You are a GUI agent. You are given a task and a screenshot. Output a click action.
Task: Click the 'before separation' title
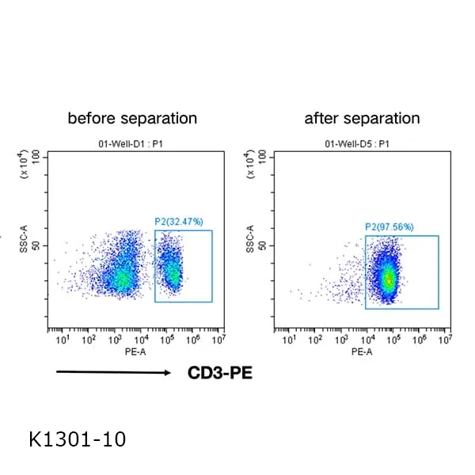pyautogui.click(x=132, y=119)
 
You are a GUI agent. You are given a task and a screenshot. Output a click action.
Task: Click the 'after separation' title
pyautogui.click(x=362, y=119)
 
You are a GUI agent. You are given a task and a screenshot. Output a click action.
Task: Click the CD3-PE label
pyautogui.click(x=220, y=372)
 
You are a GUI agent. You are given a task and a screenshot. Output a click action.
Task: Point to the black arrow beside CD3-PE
pyautogui.click(x=114, y=372)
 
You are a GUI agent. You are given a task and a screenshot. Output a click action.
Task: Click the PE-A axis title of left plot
pyautogui.click(x=134, y=351)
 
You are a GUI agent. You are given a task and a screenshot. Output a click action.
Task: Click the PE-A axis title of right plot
pyautogui.click(x=362, y=351)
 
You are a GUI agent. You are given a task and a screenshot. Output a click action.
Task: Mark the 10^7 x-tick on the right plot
pyautogui.click(x=445, y=340)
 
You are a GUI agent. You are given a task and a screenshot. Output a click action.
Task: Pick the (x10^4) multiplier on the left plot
pyautogui.click(x=25, y=169)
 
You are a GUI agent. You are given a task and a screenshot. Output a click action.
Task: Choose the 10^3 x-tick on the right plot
pyautogui.click(x=342, y=340)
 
